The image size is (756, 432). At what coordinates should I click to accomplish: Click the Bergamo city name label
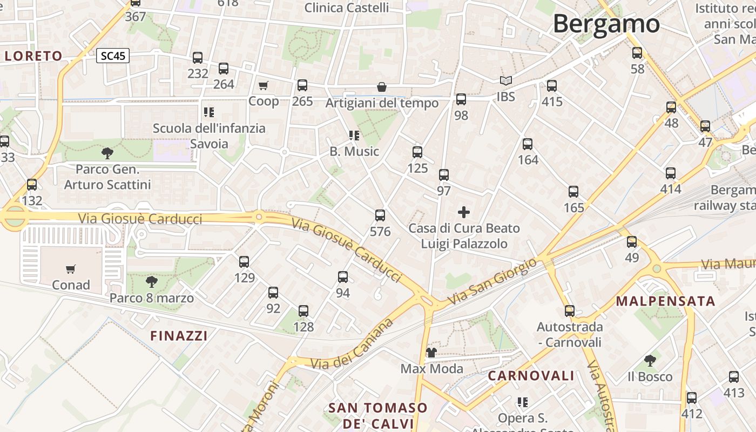click(x=606, y=24)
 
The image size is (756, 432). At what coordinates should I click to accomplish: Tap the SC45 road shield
click(x=113, y=56)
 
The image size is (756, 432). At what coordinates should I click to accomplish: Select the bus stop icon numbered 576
click(x=380, y=215)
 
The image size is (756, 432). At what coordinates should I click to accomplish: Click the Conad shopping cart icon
click(x=71, y=269)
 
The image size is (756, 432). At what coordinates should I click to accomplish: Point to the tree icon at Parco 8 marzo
click(x=152, y=281)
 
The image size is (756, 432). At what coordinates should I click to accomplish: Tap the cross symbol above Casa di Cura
click(x=464, y=212)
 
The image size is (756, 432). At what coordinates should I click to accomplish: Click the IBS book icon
click(x=505, y=81)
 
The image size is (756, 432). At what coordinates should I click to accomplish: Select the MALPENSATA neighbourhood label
click(x=665, y=301)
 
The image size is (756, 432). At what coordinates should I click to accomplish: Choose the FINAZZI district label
click(x=179, y=336)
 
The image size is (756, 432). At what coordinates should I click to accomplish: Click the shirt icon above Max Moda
click(x=431, y=353)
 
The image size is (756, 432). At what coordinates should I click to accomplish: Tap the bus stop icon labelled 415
click(x=552, y=86)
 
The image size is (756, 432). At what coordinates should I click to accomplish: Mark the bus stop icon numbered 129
click(x=244, y=262)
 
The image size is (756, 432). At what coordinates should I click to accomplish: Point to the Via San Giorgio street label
click(x=492, y=281)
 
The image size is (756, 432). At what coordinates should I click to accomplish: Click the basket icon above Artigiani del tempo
click(x=382, y=87)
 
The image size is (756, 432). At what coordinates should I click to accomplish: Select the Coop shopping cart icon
click(x=264, y=85)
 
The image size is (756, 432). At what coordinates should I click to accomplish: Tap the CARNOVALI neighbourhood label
click(x=531, y=376)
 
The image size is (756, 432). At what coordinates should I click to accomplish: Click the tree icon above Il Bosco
click(x=650, y=360)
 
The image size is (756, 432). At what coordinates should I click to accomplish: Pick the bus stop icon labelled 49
click(x=632, y=242)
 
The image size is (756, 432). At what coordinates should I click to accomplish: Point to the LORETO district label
click(x=33, y=56)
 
